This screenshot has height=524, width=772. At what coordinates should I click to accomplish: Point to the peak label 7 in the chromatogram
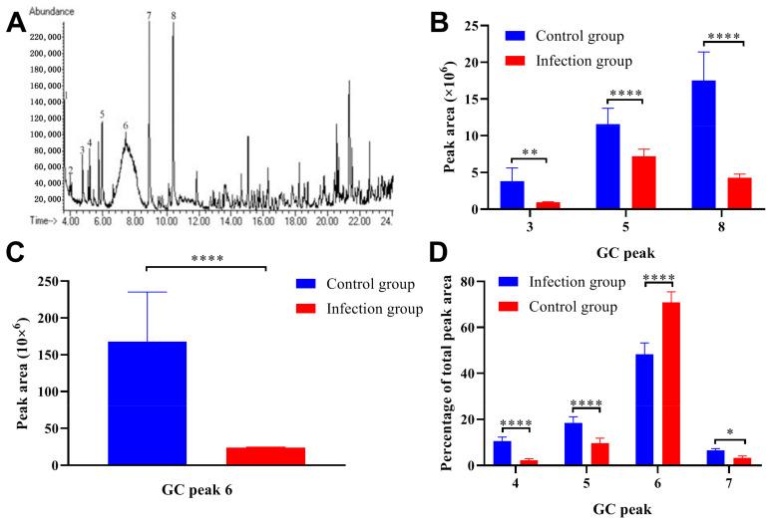click(x=149, y=16)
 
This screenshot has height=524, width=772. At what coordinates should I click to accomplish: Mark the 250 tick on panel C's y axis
click(x=57, y=282)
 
